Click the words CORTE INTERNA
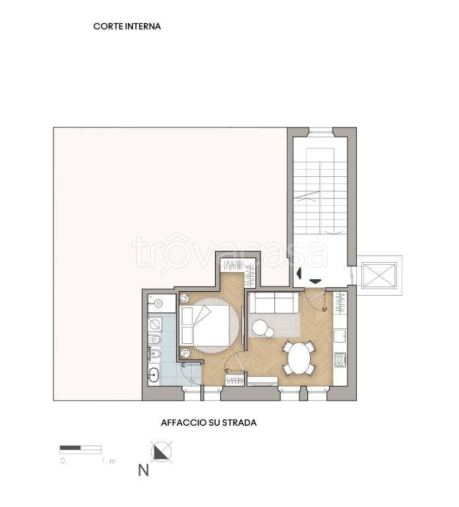click(x=127, y=26)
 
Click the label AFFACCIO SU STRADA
click(x=208, y=422)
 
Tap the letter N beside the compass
click(x=143, y=470)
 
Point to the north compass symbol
click(x=162, y=452)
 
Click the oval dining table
click(x=299, y=358)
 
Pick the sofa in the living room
click(x=274, y=302)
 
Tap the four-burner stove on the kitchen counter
click(x=340, y=360)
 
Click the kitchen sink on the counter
click(x=340, y=335)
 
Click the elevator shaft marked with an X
click(x=379, y=275)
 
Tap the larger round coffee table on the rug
click(x=259, y=328)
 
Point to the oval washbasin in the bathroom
click(x=154, y=376)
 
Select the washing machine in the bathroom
click(x=155, y=323)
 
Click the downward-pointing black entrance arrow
click(x=315, y=281)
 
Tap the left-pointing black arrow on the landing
click(x=299, y=273)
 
